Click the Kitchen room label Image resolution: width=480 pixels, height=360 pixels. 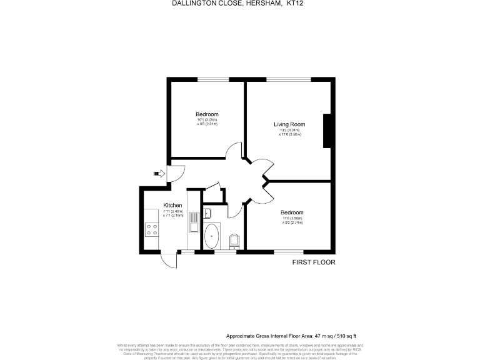[x=172, y=206]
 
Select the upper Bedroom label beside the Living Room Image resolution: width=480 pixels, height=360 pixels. [x=207, y=114]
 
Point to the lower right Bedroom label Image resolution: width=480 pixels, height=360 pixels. [x=291, y=212]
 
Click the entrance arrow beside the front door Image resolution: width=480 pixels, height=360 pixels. [x=156, y=174]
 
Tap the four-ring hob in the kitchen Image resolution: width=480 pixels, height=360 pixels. [x=151, y=229]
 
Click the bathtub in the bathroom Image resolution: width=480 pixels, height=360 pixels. [x=212, y=237]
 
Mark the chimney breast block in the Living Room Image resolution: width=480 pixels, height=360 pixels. [x=327, y=131]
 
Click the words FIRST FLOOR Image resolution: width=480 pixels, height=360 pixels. [x=314, y=262]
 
